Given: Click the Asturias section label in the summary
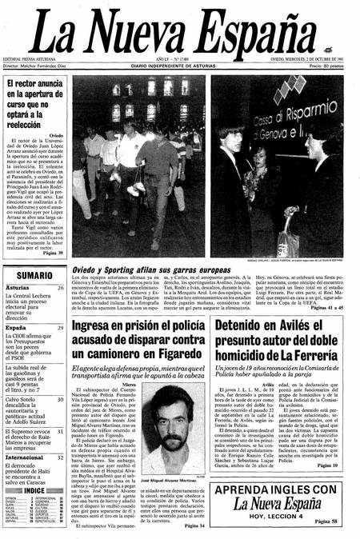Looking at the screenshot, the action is (18, 288).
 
